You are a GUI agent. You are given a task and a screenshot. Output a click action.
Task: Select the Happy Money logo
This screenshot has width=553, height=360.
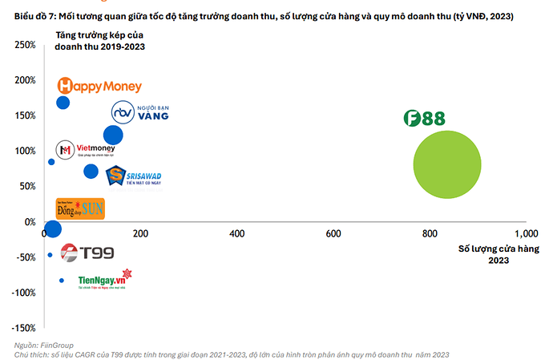100,86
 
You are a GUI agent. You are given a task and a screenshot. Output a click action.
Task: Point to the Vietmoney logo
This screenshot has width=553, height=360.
85,150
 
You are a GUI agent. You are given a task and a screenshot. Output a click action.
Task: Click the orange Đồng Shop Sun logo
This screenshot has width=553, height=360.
79,209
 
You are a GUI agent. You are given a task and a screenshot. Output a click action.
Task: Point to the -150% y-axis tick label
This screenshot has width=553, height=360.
22,328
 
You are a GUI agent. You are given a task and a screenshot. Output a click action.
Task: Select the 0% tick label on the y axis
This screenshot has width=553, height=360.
29,222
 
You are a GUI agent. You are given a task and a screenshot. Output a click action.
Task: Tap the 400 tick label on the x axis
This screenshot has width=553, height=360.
236,233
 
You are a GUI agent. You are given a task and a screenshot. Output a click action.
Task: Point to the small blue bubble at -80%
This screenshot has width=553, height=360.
62,281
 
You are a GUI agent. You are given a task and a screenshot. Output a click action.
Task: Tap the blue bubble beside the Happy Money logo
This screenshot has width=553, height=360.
63,103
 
